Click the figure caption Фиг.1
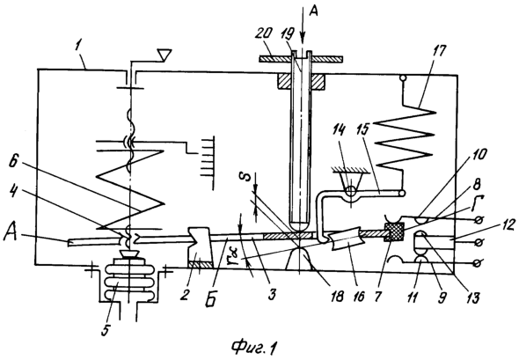click(x=254, y=348)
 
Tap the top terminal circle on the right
click(x=478, y=220)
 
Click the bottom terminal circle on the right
click(x=478, y=263)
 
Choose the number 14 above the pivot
click(x=340, y=131)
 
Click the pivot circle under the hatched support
click(x=350, y=191)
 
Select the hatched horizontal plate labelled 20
click(x=301, y=59)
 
